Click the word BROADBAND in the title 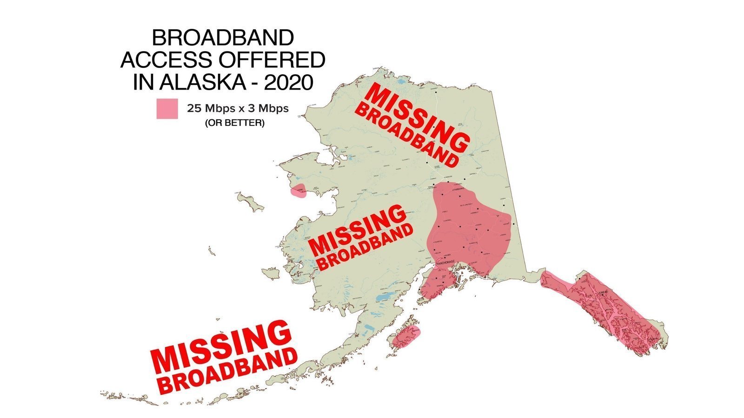(x=223, y=38)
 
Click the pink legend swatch (x=167, y=109)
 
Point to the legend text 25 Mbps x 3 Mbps (x=238, y=109)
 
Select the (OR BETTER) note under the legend (x=234, y=123)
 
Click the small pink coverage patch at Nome (x=298, y=190)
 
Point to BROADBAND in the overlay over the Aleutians (x=228, y=371)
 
